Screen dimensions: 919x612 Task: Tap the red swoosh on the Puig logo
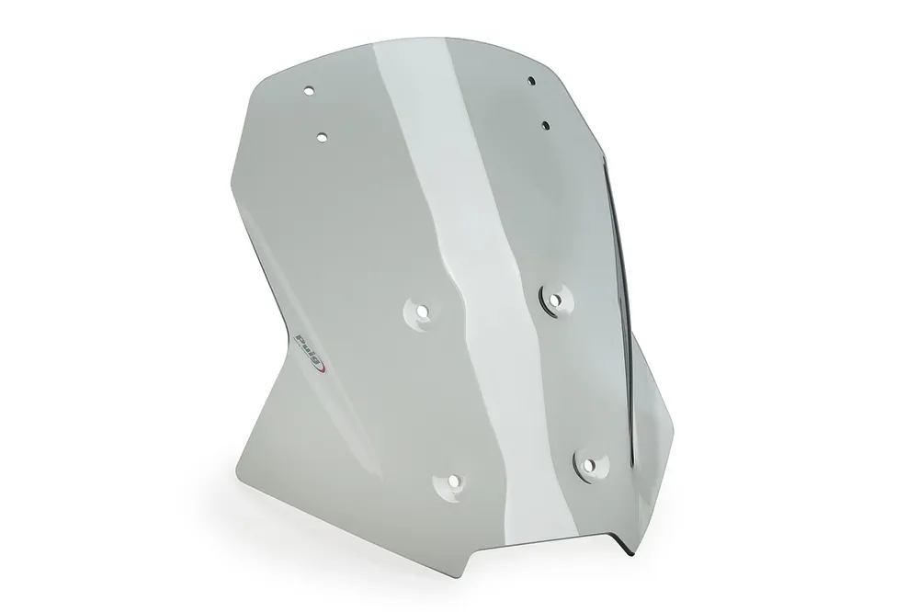[x=321, y=368]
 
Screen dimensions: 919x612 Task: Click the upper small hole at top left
[x=310, y=91]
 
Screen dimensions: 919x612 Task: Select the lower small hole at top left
[x=322, y=137]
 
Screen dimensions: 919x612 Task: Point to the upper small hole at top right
[x=531, y=80]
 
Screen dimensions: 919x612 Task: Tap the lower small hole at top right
[x=546, y=125]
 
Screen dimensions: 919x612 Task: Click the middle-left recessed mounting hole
[x=422, y=312]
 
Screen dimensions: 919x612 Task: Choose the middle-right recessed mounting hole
[x=555, y=300]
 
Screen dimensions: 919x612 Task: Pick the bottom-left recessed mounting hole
[x=452, y=482]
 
